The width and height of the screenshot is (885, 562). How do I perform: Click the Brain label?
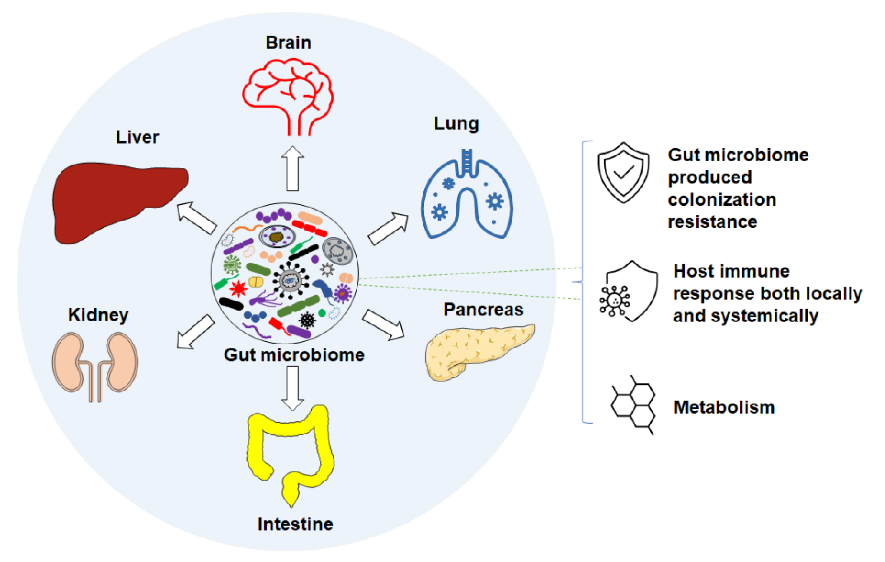(288, 43)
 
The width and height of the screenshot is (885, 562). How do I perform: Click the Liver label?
(137, 137)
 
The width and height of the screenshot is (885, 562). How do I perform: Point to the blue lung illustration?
(467, 199)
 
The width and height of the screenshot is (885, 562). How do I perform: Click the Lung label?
(456, 124)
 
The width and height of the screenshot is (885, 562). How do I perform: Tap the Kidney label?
(98, 315)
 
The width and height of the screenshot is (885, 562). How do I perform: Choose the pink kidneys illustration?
(95, 364)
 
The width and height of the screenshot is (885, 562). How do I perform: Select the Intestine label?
(295, 524)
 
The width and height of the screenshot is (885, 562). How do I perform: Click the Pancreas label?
(483, 310)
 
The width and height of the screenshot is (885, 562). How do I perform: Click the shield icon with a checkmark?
(623, 173)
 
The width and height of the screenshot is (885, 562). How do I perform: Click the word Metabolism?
(724, 407)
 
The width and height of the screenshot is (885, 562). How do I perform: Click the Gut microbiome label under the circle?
(294, 355)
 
